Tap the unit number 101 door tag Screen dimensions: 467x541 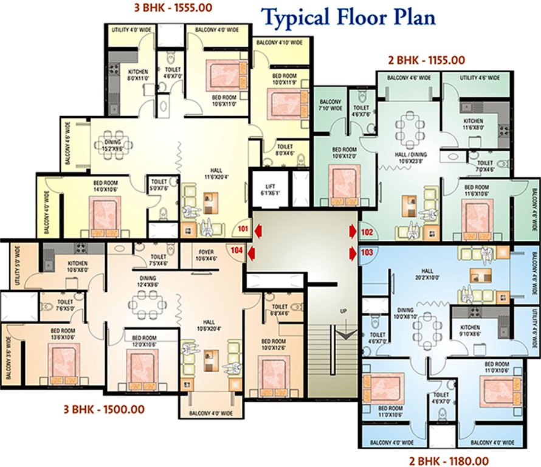pos(243,229)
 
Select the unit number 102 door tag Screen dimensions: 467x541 pos(367,232)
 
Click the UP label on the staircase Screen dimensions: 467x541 pos(343,311)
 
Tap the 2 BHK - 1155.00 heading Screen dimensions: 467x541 pos(426,60)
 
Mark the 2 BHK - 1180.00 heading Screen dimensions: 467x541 pos(449,460)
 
